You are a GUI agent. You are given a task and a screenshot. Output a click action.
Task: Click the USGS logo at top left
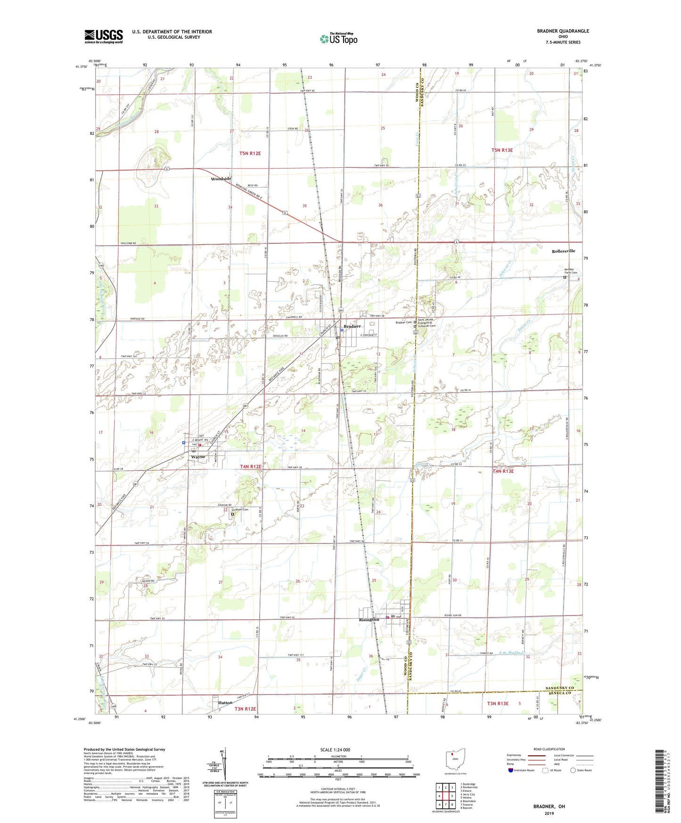tap(104, 36)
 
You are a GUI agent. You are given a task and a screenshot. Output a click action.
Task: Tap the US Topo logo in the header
tap(338, 39)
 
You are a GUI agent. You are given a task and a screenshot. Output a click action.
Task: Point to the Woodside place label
tap(221, 179)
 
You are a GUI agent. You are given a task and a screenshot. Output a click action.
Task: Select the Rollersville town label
tap(563, 251)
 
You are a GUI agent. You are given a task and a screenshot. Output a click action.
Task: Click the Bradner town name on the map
tap(352, 326)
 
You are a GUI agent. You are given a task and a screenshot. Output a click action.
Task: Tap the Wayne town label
tap(198, 457)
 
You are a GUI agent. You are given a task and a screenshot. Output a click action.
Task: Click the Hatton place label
tap(225, 702)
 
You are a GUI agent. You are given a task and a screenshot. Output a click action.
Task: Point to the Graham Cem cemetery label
tap(240, 510)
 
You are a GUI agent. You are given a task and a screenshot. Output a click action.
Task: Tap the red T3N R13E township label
tap(498, 703)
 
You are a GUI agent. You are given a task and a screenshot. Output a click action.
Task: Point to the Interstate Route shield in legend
tap(511, 770)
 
